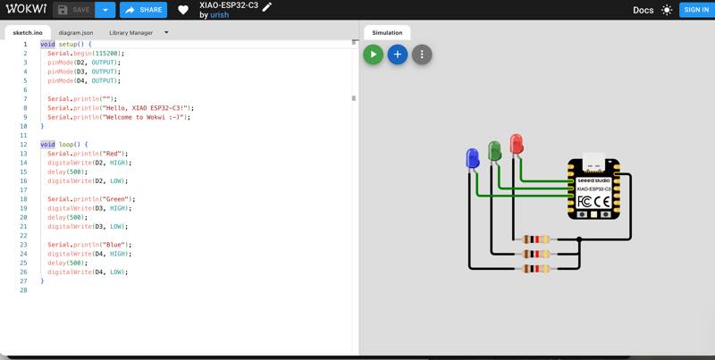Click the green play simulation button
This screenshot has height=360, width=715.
pyautogui.click(x=373, y=54)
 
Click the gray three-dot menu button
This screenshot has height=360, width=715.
pyautogui.click(x=422, y=54)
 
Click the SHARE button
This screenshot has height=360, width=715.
pyautogui.click(x=143, y=10)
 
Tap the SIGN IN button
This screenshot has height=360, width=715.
pyautogui.click(x=694, y=10)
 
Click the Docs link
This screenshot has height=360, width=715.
pyautogui.click(x=643, y=10)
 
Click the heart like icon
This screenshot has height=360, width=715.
pyautogui.click(x=183, y=10)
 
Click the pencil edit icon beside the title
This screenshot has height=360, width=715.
pyautogui.click(x=266, y=6)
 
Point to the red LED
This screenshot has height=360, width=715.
pyautogui.click(x=516, y=144)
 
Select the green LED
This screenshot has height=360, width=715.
pyautogui.click(x=494, y=150)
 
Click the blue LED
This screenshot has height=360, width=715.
pyautogui.click(x=473, y=159)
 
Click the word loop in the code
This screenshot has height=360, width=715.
pyautogui.click(x=66, y=144)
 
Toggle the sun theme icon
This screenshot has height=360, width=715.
pyautogui.click(x=667, y=10)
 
